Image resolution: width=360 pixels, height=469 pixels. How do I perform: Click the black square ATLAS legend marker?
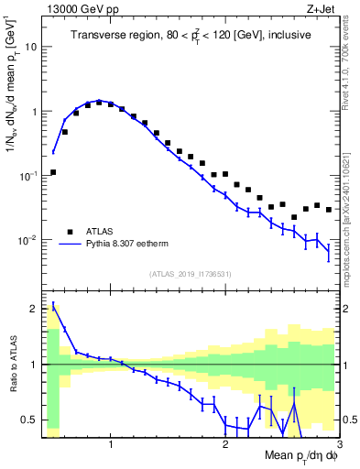tap(70, 232)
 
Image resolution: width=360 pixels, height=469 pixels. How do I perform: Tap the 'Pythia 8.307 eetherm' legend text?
tap(137, 245)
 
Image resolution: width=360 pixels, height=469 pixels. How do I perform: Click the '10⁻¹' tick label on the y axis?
tap(29, 174)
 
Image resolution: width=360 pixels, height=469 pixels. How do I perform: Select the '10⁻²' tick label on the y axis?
tap(29, 239)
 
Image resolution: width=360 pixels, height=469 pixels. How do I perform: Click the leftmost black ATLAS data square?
tap(53, 172)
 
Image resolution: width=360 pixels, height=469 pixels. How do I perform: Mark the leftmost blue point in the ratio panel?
tap(53, 305)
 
